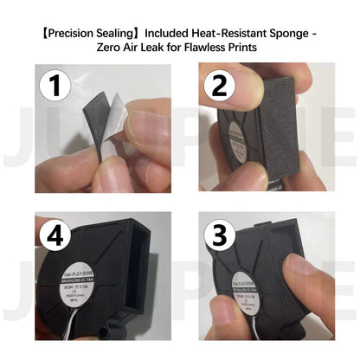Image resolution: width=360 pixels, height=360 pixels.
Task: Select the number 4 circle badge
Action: (54, 235)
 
